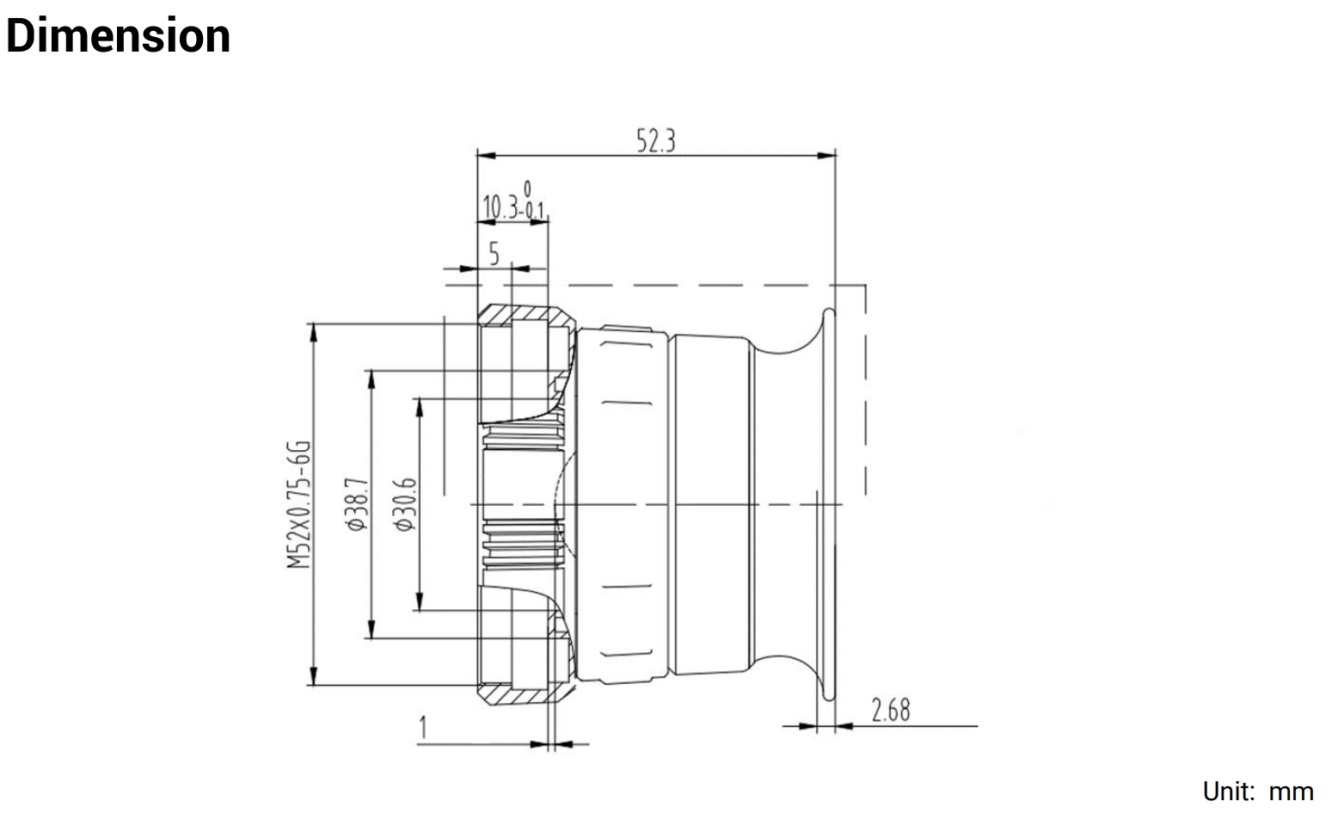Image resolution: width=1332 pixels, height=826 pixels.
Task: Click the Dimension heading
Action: (x=118, y=37)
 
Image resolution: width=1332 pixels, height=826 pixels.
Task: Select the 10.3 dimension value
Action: (x=502, y=207)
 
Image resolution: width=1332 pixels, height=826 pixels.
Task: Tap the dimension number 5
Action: (x=494, y=253)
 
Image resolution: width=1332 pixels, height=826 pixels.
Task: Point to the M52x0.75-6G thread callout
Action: (x=298, y=504)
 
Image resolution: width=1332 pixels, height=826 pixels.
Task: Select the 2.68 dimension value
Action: (x=890, y=711)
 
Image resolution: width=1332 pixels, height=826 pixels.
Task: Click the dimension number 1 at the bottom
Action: (x=423, y=729)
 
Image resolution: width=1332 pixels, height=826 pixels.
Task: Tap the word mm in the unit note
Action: (x=1291, y=792)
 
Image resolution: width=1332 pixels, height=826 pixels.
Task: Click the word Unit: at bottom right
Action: (x=1229, y=792)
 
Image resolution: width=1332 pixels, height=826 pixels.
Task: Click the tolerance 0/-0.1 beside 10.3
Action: (x=534, y=200)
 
